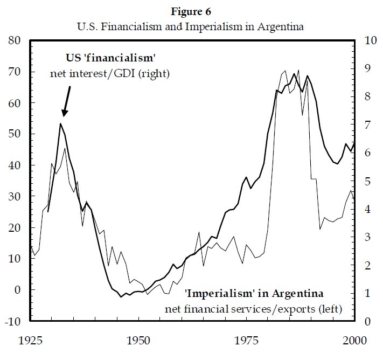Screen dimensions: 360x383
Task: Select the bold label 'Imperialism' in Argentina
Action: (x=254, y=294)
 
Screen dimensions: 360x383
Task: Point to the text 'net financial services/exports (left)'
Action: (x=262, y=309)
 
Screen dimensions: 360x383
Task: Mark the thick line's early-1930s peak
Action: (x=60, y=123)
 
